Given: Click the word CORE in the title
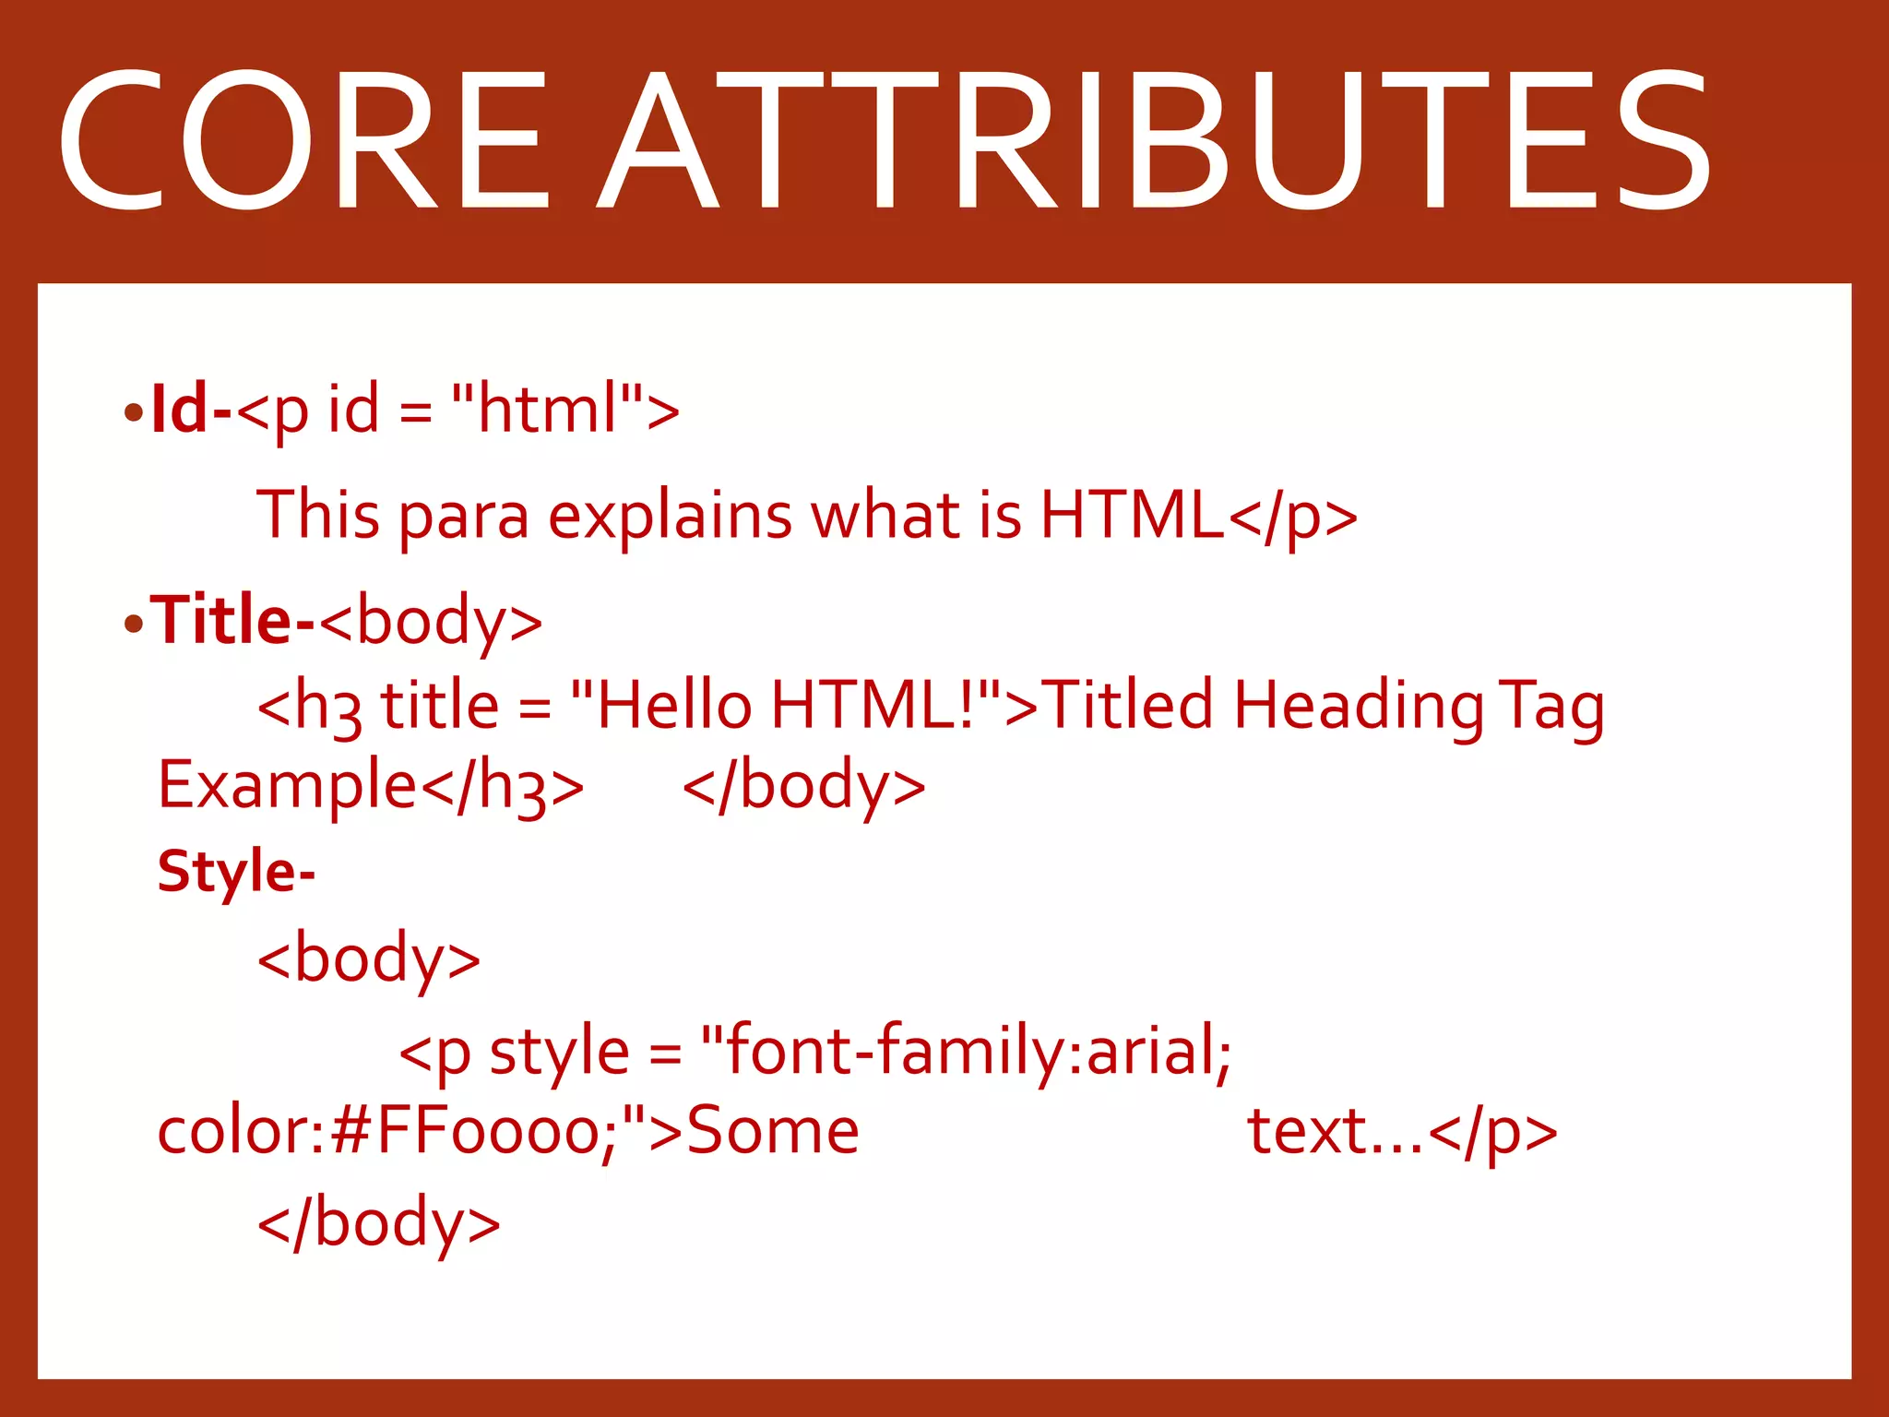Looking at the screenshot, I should click(x=304, y=140).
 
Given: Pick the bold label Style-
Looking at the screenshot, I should click(x=235, y=871).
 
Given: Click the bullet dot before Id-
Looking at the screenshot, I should click(x=134, y=413).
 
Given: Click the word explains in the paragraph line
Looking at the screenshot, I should click(x=670, y=515).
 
